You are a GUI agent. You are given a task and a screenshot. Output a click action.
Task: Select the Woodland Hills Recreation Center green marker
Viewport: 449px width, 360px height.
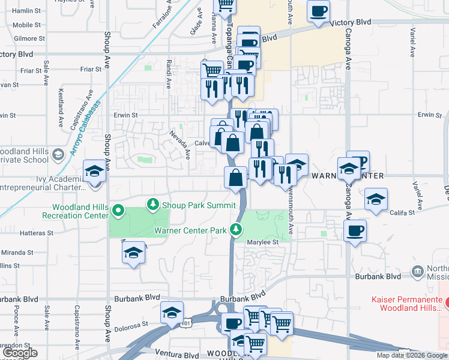[x=118, y=211]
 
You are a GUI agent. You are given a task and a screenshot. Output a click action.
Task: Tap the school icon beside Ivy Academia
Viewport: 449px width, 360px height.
[x=95, y=172]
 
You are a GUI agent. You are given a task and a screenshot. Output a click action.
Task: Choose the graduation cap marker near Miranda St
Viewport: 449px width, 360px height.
[x=134, y=253]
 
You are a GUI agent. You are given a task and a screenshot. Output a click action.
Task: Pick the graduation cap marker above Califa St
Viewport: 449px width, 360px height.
[x=376, y=199]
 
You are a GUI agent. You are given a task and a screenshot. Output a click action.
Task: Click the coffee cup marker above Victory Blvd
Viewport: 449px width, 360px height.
[x=318, y=10]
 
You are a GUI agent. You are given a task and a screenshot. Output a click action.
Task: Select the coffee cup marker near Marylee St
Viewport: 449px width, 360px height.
[x=355, y=230]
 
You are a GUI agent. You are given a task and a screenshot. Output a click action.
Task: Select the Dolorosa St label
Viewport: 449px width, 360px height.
[x=131, y=324]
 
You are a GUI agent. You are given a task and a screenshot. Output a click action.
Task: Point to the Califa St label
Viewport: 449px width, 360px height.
[x=403, y=212]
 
